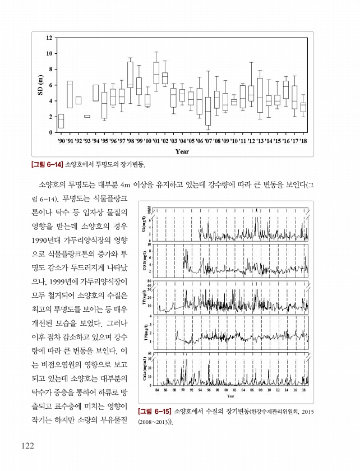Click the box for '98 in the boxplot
[130, 75]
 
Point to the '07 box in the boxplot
[208, 111]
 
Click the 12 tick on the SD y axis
[49, 38]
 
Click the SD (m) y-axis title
[40, 85]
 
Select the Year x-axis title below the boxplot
[182, 151]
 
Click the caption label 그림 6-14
[47, 165]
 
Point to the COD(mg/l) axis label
[144, 261]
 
